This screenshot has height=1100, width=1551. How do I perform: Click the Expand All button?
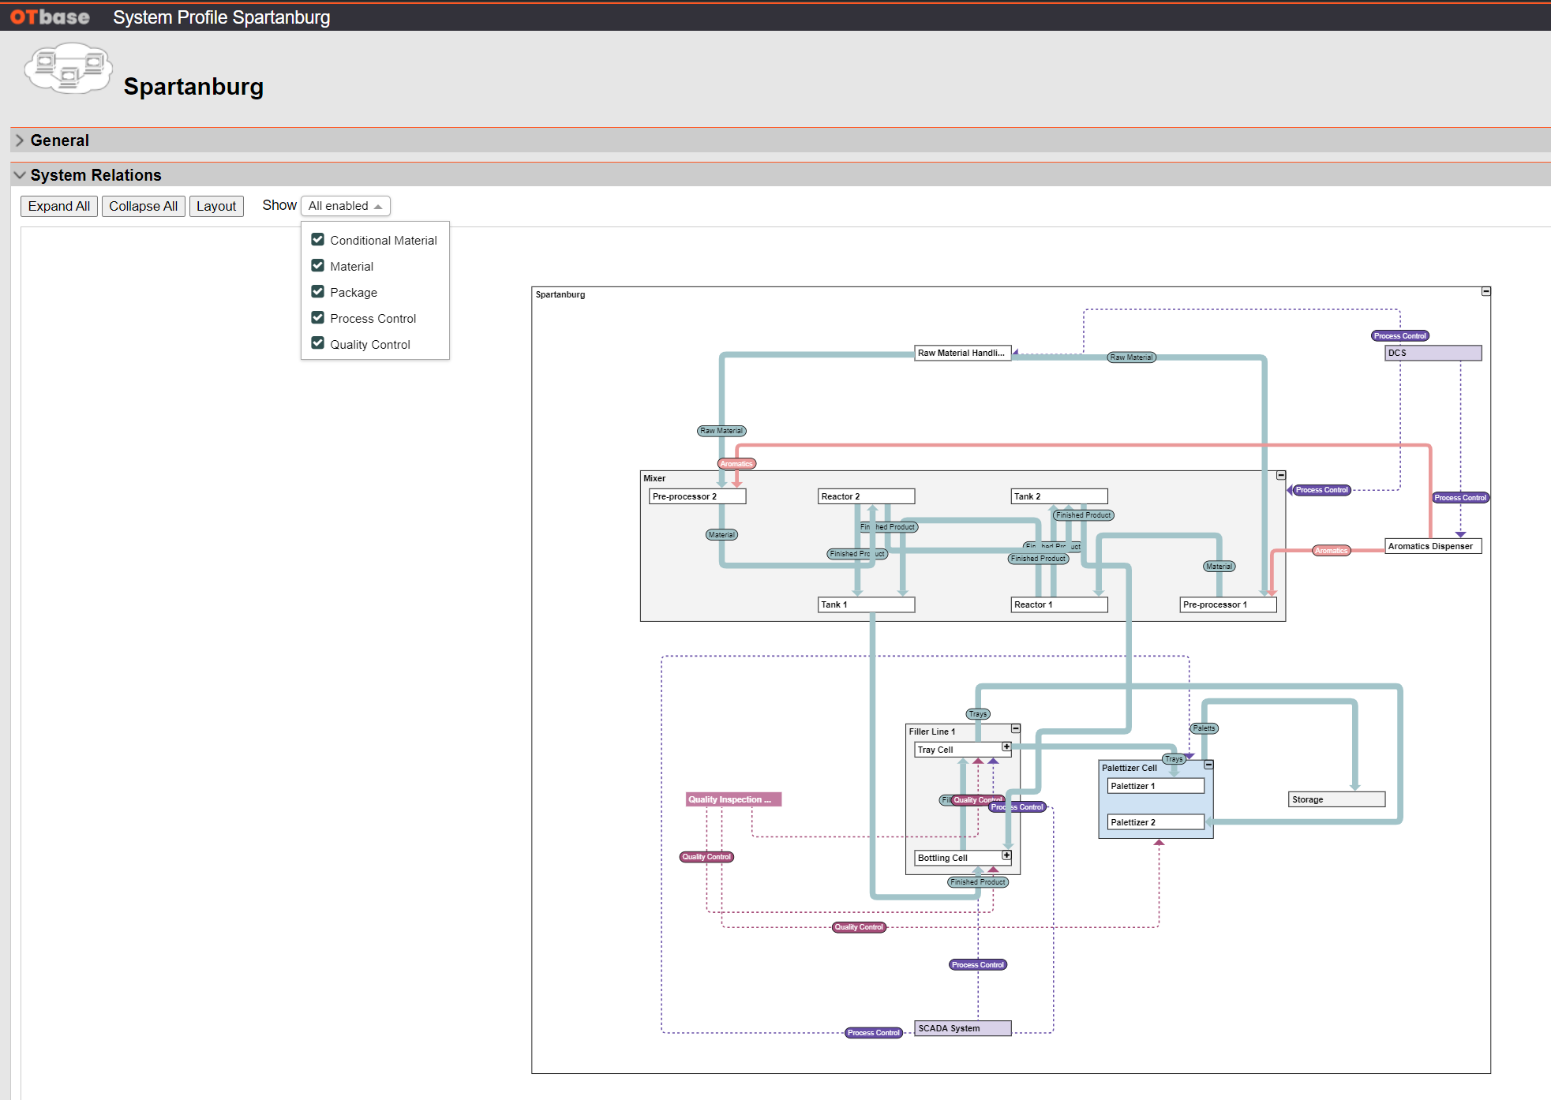[59, 206]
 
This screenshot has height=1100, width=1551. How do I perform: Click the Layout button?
[216, 206]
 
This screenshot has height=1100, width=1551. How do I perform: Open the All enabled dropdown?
[345, 206]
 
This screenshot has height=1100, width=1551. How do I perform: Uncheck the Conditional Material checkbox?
[318, 239]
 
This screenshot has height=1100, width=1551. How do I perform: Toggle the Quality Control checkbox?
[318, 343]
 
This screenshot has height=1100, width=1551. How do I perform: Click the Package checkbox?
[318, 291]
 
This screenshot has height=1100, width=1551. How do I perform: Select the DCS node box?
[1433, 353]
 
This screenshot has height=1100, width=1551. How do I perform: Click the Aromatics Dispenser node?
[1433, 546]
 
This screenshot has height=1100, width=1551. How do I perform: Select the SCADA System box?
[962, 1028]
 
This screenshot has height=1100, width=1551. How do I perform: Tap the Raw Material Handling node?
[962, 353]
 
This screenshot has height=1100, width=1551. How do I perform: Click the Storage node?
[1336, 799]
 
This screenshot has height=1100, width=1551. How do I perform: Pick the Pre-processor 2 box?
[697, 496]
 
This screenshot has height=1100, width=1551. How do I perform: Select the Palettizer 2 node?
[1155, 822]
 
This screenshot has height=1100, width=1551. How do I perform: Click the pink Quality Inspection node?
[733, 799]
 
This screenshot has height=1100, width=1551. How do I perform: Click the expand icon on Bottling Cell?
[1006, 855]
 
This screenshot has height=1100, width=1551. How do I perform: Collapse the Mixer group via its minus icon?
[1281, 475]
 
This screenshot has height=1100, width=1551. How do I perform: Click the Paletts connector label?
[1204, 728]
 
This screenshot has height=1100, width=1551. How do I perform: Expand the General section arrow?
[20, 140]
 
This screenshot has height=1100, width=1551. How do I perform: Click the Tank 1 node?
[866, 604]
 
